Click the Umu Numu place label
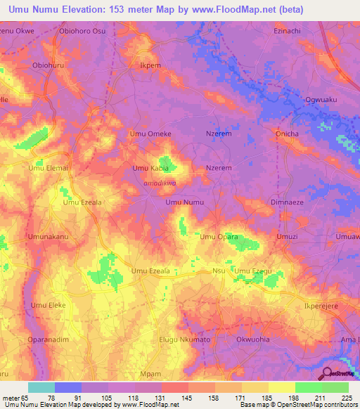click(184, 202)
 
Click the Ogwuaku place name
click(321, 100)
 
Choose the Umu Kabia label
click(150, 169)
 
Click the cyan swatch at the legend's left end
click(41, 387)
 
